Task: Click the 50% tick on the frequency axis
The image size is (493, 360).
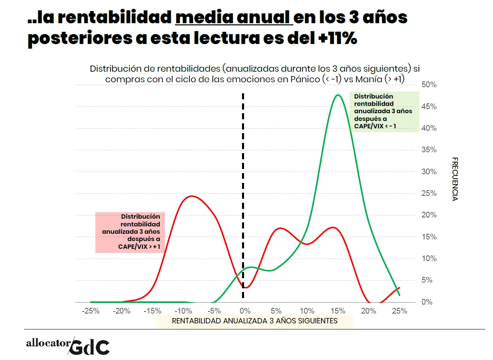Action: tap(429, 85)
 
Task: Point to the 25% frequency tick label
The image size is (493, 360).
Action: tap(429, 193)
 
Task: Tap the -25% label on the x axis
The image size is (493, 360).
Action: tap(90, 311)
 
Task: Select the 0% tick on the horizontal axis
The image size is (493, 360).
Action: tap(244, 311)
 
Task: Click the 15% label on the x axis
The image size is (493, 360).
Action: tap(338, 311)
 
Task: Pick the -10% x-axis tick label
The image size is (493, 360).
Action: tap(183, 311)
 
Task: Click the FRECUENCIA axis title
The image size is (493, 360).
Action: tap(455, 179)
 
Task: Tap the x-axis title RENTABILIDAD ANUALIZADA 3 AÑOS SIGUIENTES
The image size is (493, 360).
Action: tap(255, 321)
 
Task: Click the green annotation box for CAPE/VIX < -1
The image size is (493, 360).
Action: tap(384, 112)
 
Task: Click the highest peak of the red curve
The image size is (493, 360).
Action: tap(191, 196)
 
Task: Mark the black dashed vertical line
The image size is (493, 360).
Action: tap(243, 195)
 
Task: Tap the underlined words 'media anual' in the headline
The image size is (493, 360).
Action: tap(234, 18)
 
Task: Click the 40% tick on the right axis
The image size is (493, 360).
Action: tap(429, 128)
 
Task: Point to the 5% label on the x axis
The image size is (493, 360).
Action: tap(276, 311)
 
